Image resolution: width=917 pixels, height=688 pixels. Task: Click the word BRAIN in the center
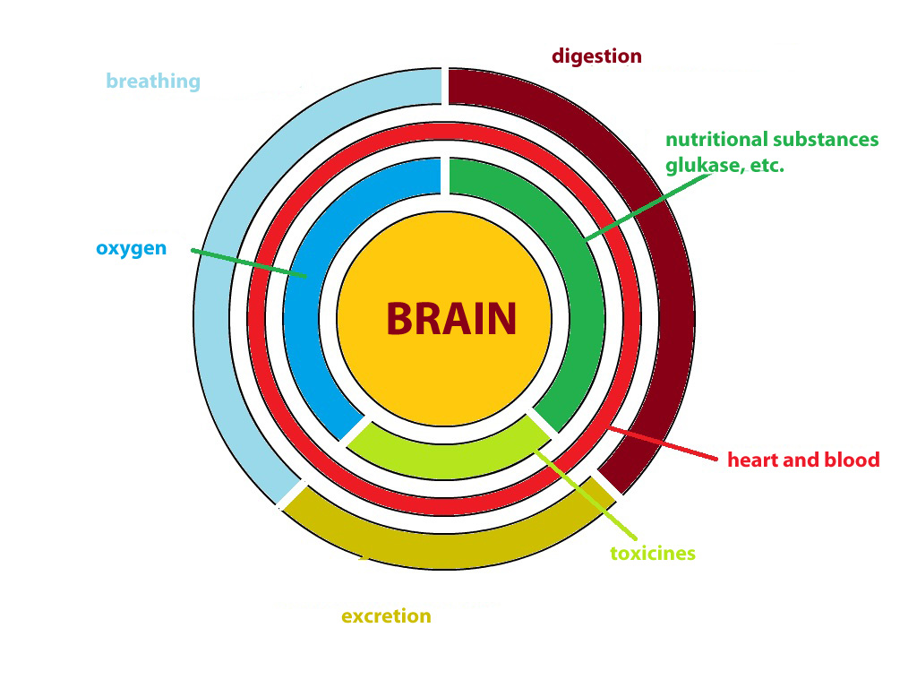pos(451,319)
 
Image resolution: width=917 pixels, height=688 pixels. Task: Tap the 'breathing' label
pos(153,82)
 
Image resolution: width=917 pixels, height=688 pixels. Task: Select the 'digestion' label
pos(596,56)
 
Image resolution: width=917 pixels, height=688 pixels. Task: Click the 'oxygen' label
pos(132,248)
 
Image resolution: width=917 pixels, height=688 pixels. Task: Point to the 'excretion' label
pos(386,615)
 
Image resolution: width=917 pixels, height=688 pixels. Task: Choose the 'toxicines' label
pos(653,553)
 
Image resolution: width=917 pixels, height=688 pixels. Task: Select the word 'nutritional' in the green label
pos(717,139)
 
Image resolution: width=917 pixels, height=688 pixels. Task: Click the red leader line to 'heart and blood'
pos(663,443)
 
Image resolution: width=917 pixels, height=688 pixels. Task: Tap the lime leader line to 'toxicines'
pos(586,494)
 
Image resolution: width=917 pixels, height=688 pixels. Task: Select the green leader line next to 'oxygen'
pos(249,263)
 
